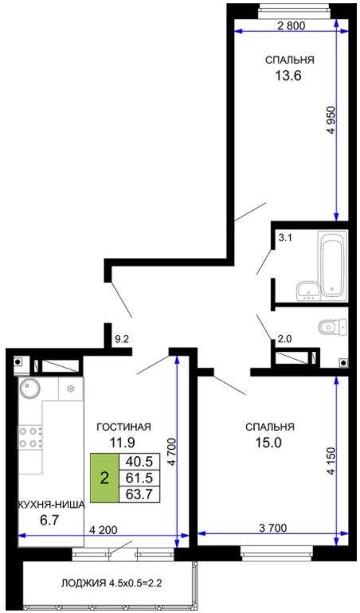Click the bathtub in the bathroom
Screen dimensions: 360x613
[x=333, y=264]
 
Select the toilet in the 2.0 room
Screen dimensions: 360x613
[x=333, y=327]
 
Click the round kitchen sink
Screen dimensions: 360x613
[x=29, y=388]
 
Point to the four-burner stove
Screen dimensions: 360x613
[x=30, y=437]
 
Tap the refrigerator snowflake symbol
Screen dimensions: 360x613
[x=71, y=388]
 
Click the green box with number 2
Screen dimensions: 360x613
[x=104, y=478]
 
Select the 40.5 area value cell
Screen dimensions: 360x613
[x=139, y=461]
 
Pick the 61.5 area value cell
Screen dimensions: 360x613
[x=139, y=478]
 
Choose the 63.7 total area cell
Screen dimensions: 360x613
[x=139, y=494]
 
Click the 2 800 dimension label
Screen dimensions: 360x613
[x=291, y=25]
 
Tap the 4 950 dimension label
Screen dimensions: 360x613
[x=331, y=120]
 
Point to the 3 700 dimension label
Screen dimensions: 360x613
[x=272, y=528]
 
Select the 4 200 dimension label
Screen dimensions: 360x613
[x=104, y=530]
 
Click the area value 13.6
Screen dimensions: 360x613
[x=288, y=76]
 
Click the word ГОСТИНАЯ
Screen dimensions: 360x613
[x=123, y=427]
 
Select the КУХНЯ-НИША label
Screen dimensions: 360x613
[x=52, y=505]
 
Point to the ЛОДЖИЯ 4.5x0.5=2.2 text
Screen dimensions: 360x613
[x=112, y=584]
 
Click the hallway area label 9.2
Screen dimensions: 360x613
[x=122, y=340]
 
